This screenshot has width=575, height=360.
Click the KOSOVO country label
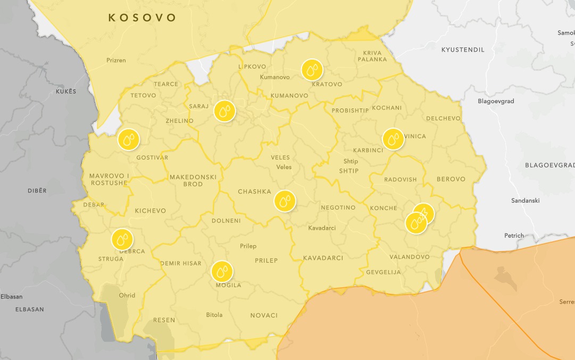[142, 18]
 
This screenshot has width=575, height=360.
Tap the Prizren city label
[116, 60]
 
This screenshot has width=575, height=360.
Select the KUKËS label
[66, 91]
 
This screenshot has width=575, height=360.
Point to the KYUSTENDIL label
[463, 49]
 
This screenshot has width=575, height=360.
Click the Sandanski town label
[525, 200]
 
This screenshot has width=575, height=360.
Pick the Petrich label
[514, 235]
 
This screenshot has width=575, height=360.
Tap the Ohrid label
[127, 295]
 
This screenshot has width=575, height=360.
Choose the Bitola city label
[214, 315]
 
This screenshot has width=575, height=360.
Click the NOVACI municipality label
[264, 315]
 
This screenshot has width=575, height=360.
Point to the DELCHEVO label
[443, 118]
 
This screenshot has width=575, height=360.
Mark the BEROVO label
[451, 179]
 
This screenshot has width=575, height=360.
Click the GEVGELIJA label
[383, 272]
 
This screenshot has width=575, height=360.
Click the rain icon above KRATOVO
[312, 70]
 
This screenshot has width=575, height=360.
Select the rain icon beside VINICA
[393, 139]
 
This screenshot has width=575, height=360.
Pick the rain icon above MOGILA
[222, 272]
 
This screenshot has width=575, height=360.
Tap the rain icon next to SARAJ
[224, 111]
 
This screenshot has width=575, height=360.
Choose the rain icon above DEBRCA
[122, 239]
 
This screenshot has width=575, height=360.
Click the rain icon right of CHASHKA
[285, 201]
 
